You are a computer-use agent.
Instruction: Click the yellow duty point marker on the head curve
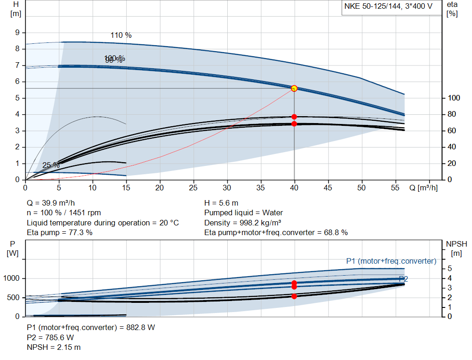[x=294, y=88]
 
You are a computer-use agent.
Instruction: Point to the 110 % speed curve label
[x=121, y=35]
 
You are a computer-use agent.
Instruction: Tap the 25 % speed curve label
[x=51, y=165]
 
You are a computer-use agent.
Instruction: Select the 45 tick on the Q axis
[x=328, y=188]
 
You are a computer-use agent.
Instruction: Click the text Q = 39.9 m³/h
[x=52, y=203]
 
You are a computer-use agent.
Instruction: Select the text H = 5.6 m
[x=221, y=203]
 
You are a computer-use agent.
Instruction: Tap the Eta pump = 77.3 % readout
[x=59, y=232]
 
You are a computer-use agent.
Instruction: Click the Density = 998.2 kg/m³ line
[x=243, y=223]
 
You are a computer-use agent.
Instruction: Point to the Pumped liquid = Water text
[x=243, y=213]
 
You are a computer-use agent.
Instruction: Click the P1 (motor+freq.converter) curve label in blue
[x=391, y=261]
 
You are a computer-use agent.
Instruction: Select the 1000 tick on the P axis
[x=12, y=278]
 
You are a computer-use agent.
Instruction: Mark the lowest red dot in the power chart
[x=294, y=296]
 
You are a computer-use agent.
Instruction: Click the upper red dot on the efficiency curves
[x=294, y=117]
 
